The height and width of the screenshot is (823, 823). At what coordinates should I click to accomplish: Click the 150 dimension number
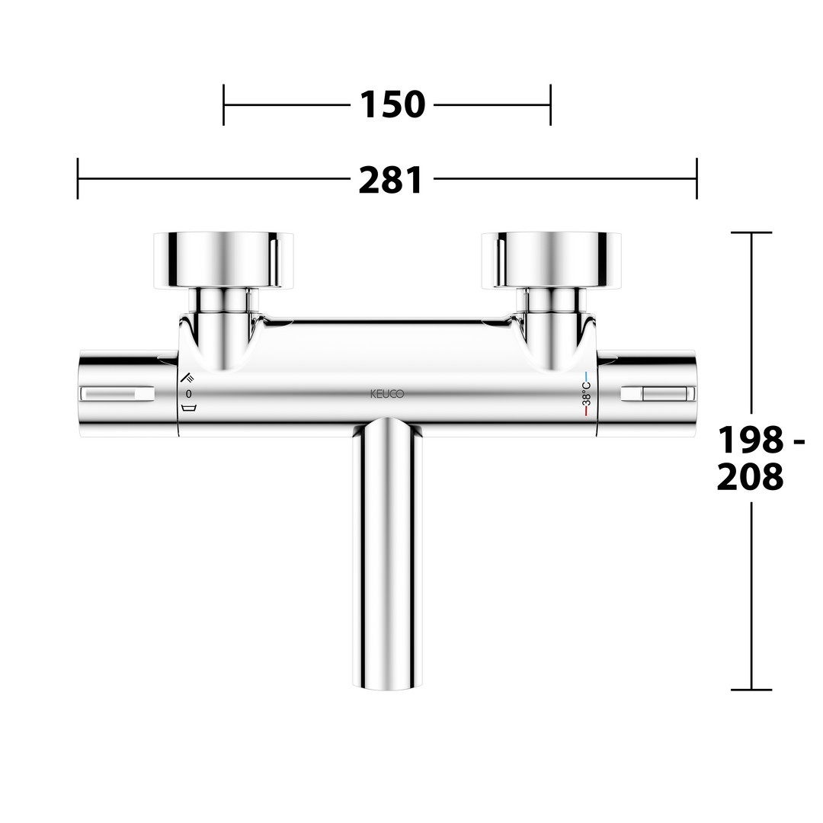tap(392, 104)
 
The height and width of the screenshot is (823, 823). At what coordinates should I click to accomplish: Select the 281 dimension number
tap(390, 180)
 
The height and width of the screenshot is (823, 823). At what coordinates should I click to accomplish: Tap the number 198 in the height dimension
tap(751, 440)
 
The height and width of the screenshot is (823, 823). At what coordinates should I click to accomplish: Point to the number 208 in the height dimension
tap(750, 476)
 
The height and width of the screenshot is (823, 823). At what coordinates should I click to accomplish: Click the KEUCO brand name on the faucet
tap(387, 394)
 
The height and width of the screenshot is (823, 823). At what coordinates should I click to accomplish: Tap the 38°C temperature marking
tap(587, 394)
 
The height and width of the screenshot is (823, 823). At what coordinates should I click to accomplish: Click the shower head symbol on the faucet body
tap(187, 377)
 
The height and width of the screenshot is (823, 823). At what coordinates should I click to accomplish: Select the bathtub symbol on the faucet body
tap(188, 408)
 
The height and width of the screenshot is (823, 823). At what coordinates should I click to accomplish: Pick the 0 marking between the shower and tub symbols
tap(188, 394)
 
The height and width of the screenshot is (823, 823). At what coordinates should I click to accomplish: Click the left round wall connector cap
tap(223, 260)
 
